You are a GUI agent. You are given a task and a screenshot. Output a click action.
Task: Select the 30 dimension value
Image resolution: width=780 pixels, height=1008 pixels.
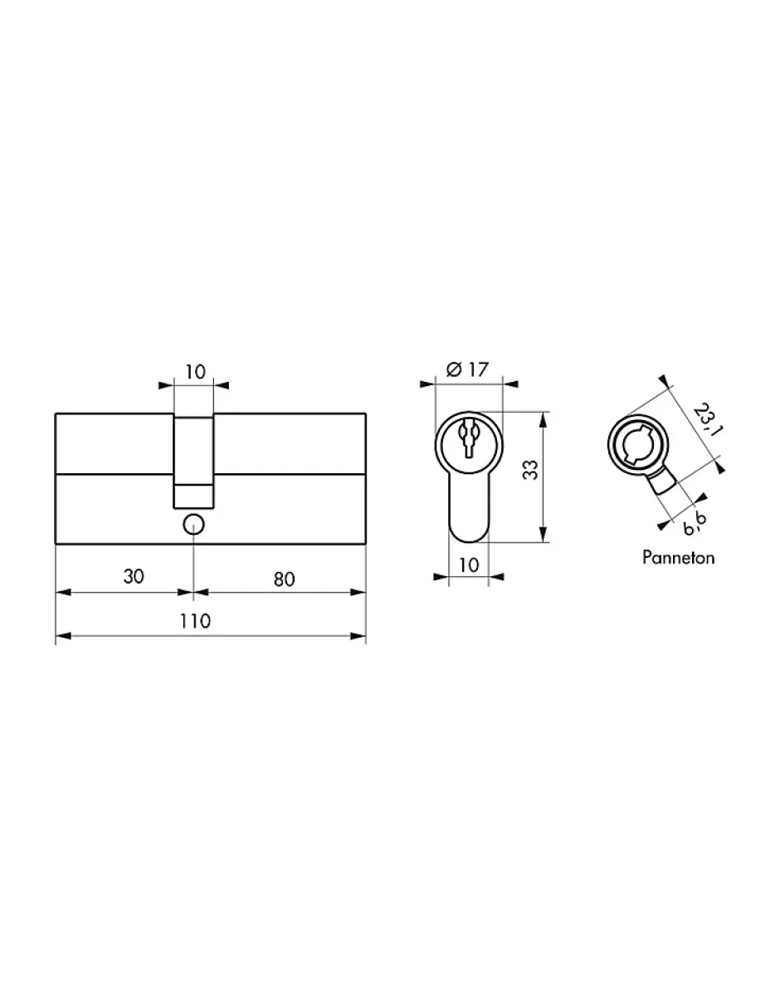point(134,576)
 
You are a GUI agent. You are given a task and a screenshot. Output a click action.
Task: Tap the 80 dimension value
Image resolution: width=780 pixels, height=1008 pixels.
point(284,579)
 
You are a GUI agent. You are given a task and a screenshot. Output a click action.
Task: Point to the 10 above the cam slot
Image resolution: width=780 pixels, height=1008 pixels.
point(194,371)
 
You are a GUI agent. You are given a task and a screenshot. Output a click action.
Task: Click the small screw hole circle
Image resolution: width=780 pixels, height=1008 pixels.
point(193,524)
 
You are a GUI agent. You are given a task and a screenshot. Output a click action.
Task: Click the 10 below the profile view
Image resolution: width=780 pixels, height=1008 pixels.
point(468,565)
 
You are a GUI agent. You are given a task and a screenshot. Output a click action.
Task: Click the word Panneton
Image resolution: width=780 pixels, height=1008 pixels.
point(678,557)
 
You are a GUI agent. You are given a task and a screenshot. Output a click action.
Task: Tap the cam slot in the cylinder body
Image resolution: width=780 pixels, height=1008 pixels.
point(193,461)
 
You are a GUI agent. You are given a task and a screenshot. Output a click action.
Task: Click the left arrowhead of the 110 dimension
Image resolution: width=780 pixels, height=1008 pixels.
point(61,637)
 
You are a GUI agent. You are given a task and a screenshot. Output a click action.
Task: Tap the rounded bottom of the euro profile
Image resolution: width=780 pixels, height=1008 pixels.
point(469,530)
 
